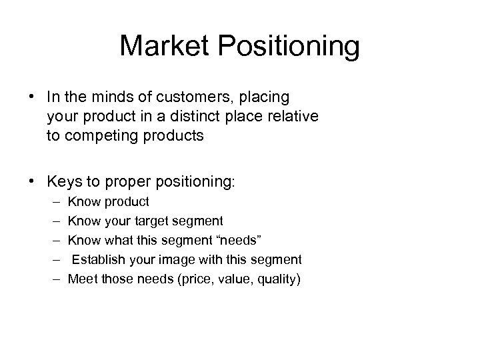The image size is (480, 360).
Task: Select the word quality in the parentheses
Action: pos(278,279)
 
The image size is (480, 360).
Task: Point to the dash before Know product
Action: pos(53,201)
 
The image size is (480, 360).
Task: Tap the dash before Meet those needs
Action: pos(53,278)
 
